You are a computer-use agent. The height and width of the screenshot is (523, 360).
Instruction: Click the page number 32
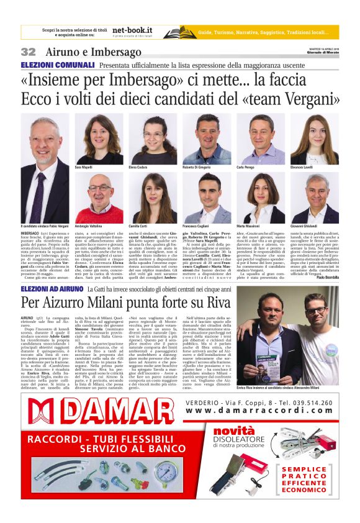(x=28, y=52)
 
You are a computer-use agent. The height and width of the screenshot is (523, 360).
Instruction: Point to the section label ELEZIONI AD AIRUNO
(x=52, y=290)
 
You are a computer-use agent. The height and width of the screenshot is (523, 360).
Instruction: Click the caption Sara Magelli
(x=83, y=168)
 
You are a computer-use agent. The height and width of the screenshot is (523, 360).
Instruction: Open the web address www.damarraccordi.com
(x=259, y=411)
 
